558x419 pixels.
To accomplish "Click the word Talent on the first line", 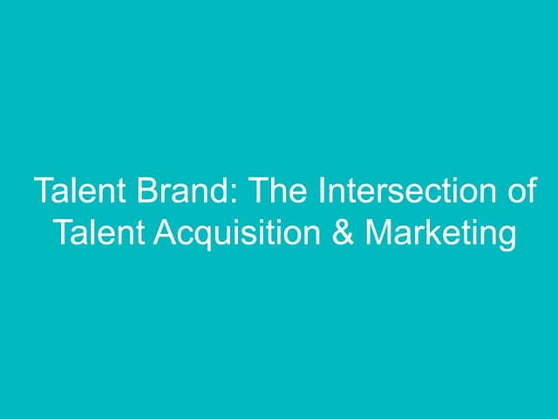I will (73, 191).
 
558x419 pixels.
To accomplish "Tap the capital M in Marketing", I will (378, 233).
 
